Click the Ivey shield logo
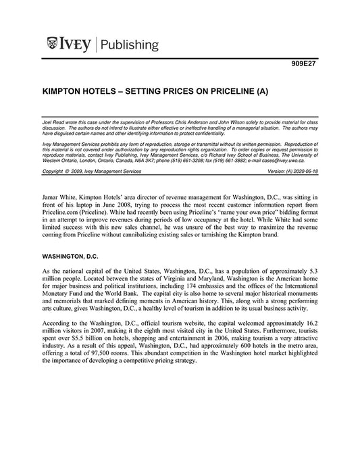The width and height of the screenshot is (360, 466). (x=53, y=45)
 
